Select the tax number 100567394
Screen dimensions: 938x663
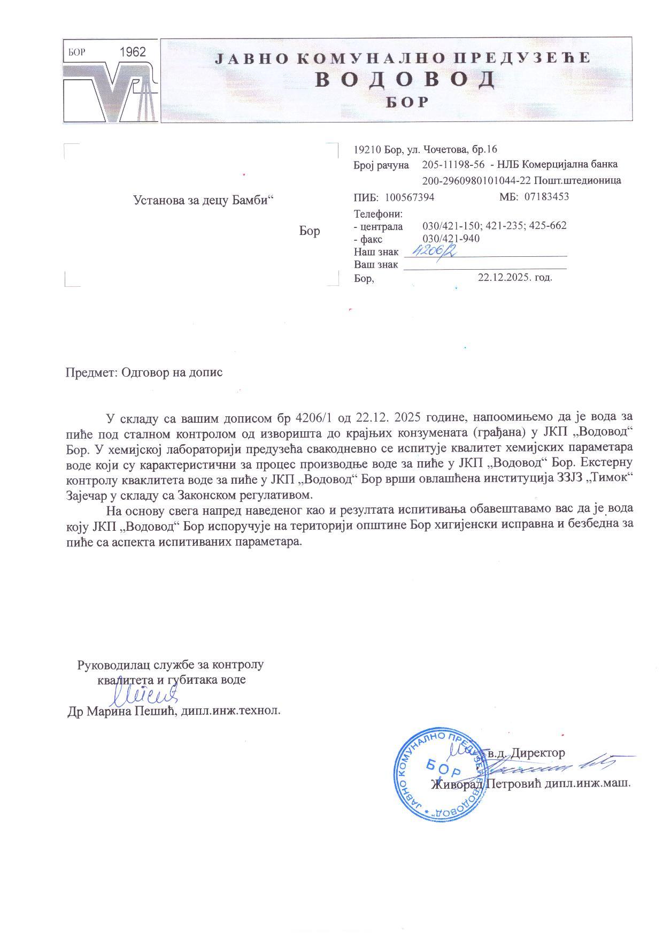coord(410,197)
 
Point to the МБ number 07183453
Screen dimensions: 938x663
coord(546,196)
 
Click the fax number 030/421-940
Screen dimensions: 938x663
coord(451,239)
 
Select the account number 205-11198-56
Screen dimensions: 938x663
coord(453,164)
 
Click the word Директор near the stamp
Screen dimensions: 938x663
coord(537,753)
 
